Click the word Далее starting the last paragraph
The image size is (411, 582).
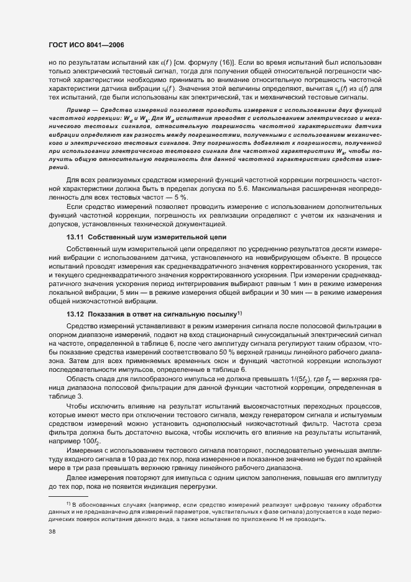click(77, 477)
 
